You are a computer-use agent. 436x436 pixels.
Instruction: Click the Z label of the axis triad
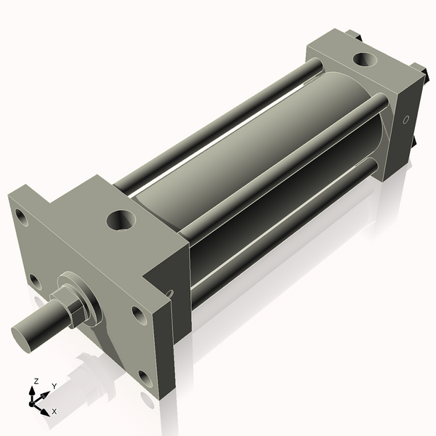36,381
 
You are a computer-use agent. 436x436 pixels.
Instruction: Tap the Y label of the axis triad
54,386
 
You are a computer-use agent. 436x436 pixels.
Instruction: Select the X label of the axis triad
54,411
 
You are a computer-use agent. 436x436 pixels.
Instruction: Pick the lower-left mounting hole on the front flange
33,279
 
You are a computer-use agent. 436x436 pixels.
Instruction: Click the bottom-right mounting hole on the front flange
145,379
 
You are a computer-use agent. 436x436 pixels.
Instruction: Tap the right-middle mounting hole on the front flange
137,315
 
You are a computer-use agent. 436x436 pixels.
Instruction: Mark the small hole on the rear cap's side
406,118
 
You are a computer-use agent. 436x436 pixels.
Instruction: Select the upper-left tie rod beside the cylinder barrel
218,124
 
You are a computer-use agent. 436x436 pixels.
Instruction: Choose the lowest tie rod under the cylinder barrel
283,225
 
